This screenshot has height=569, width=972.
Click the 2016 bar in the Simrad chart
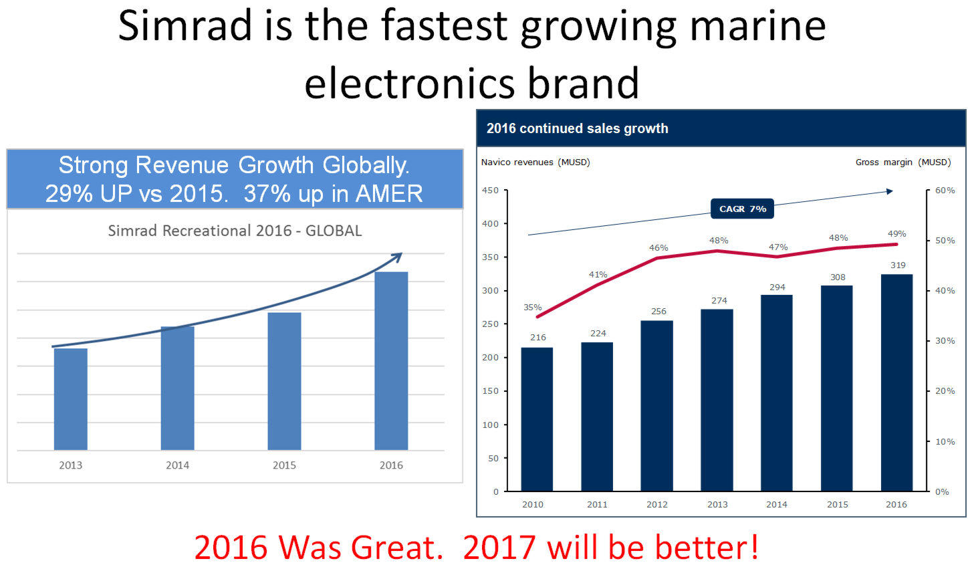(391, 360)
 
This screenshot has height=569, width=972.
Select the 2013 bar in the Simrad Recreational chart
(71, 399)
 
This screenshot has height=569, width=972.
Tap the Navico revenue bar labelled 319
(896, 383)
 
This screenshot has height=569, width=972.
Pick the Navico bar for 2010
(537, 419)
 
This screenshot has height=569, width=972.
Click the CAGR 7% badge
(743, 209)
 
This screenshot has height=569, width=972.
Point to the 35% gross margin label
(532, 308)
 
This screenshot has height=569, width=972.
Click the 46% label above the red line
(658, 248)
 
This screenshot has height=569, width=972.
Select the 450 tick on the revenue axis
(490, 190)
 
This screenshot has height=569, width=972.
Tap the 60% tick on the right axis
(945, 190)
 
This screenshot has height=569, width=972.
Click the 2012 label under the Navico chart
(657, 504)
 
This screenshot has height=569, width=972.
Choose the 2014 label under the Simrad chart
(177, 465)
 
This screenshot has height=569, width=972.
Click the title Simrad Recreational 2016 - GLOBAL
(235, 231)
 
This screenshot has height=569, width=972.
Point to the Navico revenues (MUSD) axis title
(535, 162)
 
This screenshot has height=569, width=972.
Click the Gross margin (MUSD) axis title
(903, 162)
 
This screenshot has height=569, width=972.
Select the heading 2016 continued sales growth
(577, 128)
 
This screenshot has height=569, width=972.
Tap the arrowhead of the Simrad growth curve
(397, 257)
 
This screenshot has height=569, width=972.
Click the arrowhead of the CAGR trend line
(889, 191)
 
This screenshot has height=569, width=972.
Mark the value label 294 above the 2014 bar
(777, 288)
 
